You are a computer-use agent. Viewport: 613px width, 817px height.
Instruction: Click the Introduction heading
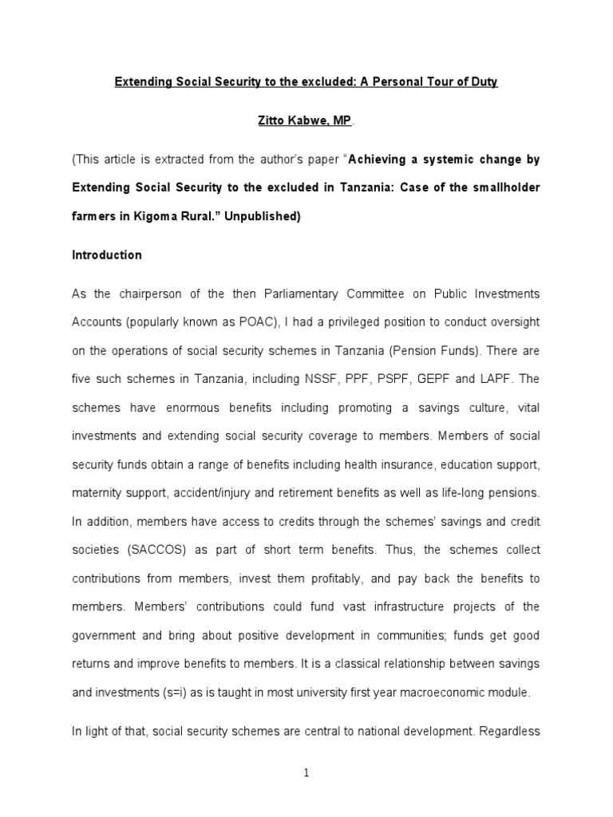pos(107,255)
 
